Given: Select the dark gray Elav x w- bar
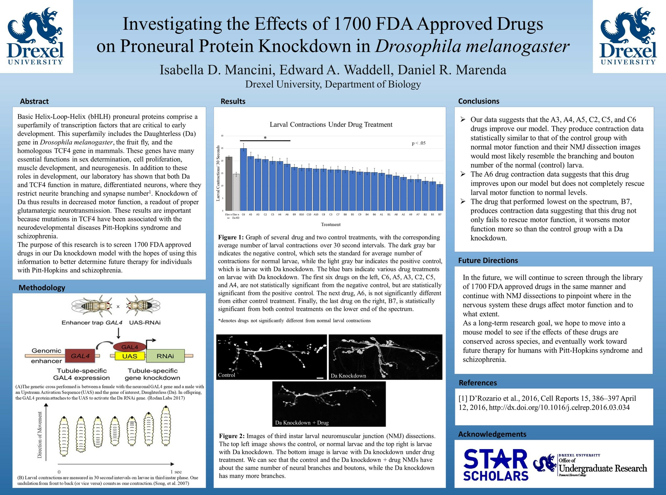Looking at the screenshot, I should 229,184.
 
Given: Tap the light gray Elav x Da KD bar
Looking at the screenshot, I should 236,192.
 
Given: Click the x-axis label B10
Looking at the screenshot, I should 301,215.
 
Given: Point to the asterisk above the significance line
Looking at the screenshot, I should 265,138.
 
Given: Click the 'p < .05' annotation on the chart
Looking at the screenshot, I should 419,143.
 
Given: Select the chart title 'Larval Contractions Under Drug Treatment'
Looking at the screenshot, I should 331,124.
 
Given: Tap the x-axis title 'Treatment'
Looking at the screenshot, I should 331,225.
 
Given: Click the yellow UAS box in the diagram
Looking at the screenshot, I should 130,356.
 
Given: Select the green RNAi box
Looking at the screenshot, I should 165,356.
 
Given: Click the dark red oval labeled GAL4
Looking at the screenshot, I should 129,347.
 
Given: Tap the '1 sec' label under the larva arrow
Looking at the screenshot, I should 176,472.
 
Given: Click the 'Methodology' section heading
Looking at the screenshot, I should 42,288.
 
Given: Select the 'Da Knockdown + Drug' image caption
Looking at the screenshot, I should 302,423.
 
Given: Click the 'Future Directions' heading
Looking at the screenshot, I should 488,260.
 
